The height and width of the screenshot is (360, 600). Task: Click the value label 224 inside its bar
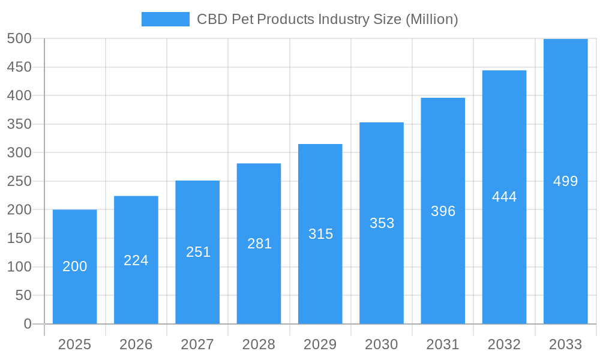point(136,260)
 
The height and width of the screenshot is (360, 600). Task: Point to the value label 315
point(320,234)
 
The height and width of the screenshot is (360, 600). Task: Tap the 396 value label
point(443,211)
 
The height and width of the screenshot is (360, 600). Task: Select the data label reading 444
point(504,197)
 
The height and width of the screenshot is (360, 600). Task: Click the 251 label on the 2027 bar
point(198,252)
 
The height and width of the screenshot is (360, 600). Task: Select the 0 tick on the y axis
point(27,324)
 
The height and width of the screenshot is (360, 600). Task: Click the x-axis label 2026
point(136,344)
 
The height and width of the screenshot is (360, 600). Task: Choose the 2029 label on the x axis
point(320,344)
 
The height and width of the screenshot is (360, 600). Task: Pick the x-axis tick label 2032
point(504,344)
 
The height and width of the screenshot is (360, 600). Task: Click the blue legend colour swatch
point(165,19)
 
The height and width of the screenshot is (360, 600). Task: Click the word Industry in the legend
point(342,19)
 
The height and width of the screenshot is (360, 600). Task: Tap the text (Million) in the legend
point(431,19)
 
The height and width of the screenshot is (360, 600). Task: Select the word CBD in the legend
point(211,19)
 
